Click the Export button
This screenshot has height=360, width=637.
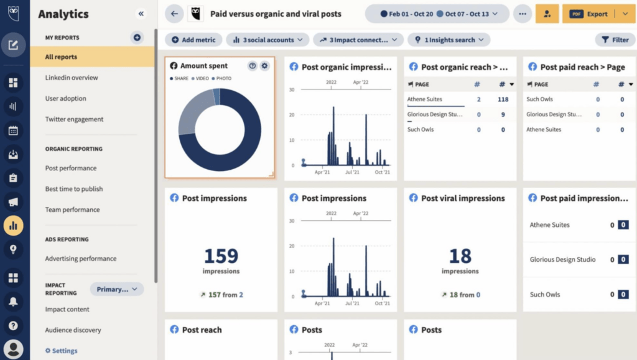tap(590, 14)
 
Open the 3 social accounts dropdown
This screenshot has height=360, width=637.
tap(267, 40)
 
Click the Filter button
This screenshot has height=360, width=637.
tap(615, 40)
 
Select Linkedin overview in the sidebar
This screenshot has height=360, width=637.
tap(72, 78)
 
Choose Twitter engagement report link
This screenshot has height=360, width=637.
tap(74, 119)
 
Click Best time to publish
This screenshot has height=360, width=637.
tap(74, 189)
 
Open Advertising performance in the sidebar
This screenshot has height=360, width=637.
tap(80, 259)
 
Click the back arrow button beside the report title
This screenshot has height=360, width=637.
tap(174, 14)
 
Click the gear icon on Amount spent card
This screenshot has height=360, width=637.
tap(265, 66)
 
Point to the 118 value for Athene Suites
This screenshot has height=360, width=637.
tap(503, 99)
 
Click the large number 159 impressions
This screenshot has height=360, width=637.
tap(221, 256)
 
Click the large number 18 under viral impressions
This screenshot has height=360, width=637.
tap(460, 256)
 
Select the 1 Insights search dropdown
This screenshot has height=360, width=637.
tap(449, 40)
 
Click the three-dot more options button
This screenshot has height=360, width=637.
tap(522, 14)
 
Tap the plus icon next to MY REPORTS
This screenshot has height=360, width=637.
tap(137, 37)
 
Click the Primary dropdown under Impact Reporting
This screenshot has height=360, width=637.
tap(117, 289)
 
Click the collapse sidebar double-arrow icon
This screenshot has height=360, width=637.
tap(141, 14)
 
